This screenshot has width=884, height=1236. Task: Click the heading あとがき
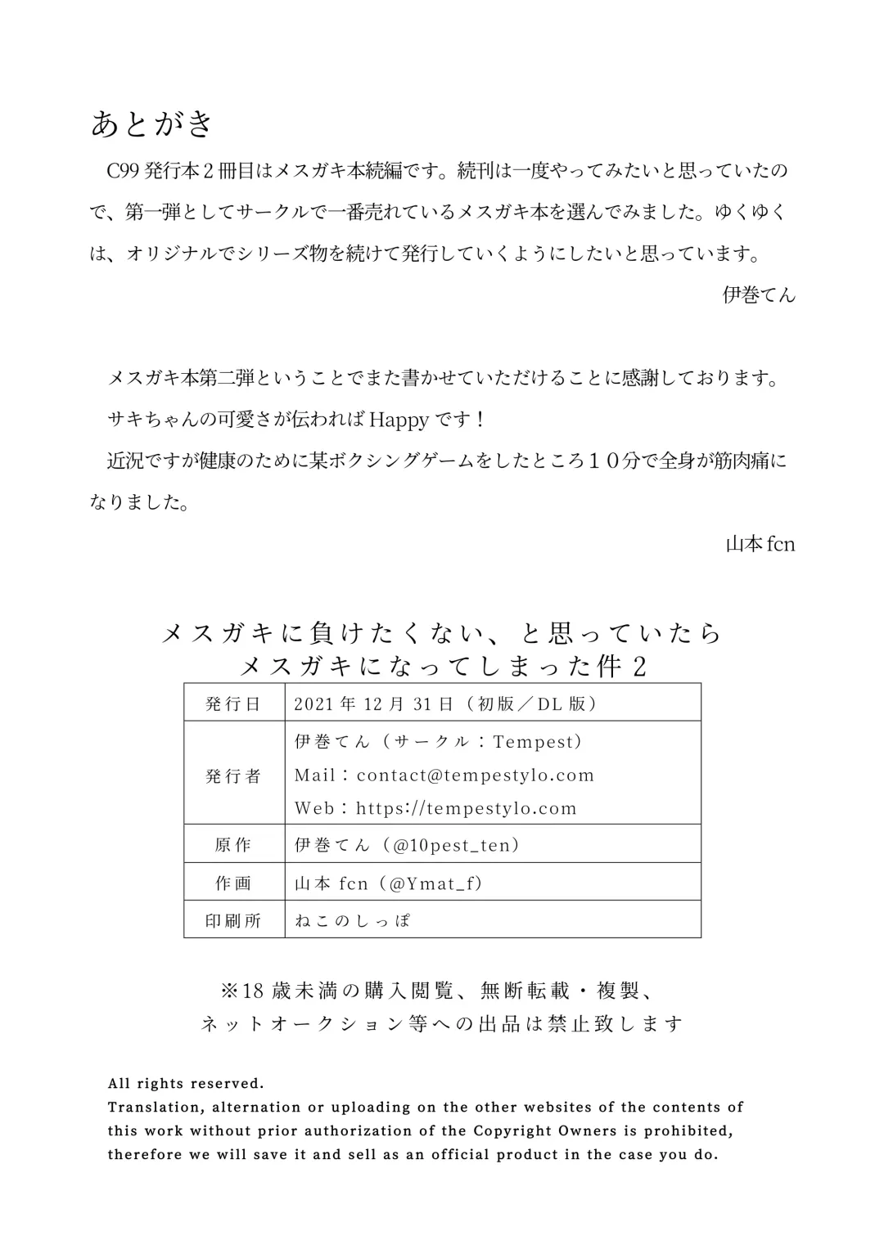tap(152, 125)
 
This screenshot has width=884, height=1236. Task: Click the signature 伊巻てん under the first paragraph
tap(759, 295)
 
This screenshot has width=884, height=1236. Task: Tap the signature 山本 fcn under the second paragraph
tap(760, 544)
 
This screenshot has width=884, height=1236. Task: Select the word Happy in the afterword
tap(399, 420)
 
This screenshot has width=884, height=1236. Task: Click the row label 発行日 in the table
tap(233, 703)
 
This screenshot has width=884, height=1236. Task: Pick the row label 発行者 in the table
tap(233, 775)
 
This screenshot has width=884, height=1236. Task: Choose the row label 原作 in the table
tap(233, 845)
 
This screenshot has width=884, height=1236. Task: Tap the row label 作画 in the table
tap(233, 883)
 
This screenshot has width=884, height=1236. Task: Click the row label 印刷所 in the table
tap(233, 921)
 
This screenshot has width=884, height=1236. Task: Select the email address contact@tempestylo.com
tap(476, 775)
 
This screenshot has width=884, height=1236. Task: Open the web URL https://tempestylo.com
tap(467, 808)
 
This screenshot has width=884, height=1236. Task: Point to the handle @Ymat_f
tap(437, 883)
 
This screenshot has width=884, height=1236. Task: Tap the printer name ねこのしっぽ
tap(353, 921)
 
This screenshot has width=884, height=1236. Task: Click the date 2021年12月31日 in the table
tap(372, 703)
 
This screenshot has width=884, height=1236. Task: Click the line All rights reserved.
tap(186, 1084)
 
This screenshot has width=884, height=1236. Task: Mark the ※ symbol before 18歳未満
tap(229, 991)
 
